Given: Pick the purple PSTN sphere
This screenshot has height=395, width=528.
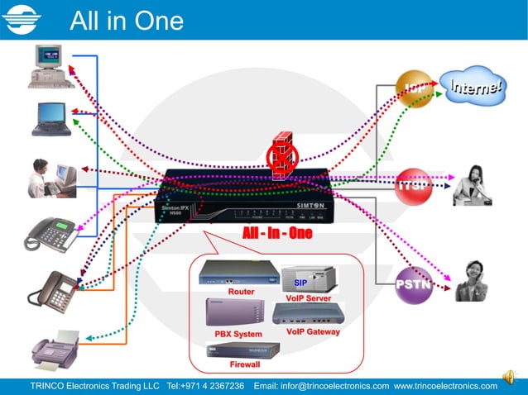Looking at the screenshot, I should click(x=414, y=284).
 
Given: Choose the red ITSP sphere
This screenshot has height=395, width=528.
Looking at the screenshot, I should click(x=413, y=185).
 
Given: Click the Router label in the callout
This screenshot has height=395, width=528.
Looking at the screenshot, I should click(x=241, y=292).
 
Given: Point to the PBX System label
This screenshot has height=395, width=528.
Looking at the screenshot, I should click(x=238, y=333).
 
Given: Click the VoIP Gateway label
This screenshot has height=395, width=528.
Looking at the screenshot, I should click(x=313, y=331).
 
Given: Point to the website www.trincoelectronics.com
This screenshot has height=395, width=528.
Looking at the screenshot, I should click(x=445, y=385).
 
